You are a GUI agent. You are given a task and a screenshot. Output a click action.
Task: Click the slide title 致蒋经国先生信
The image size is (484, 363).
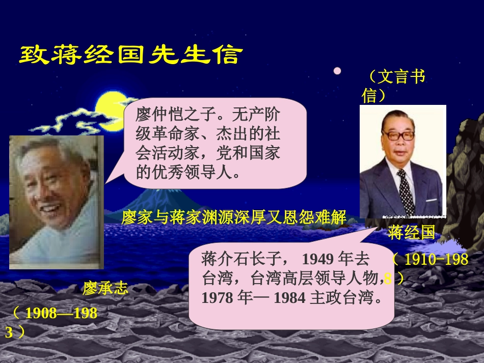[128, 55]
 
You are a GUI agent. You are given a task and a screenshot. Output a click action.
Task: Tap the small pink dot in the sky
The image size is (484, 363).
[337, 71]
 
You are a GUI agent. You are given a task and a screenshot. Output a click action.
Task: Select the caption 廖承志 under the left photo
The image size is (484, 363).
[105, 288]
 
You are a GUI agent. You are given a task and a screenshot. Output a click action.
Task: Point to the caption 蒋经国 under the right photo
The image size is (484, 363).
[411, 232]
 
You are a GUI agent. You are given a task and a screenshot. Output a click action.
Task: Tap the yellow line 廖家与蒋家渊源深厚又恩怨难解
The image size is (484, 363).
[234, 218]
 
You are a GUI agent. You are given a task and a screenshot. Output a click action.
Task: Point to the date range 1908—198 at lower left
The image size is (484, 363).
[61, 313]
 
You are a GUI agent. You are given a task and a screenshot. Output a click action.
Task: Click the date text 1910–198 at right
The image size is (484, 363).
[436, 260]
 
